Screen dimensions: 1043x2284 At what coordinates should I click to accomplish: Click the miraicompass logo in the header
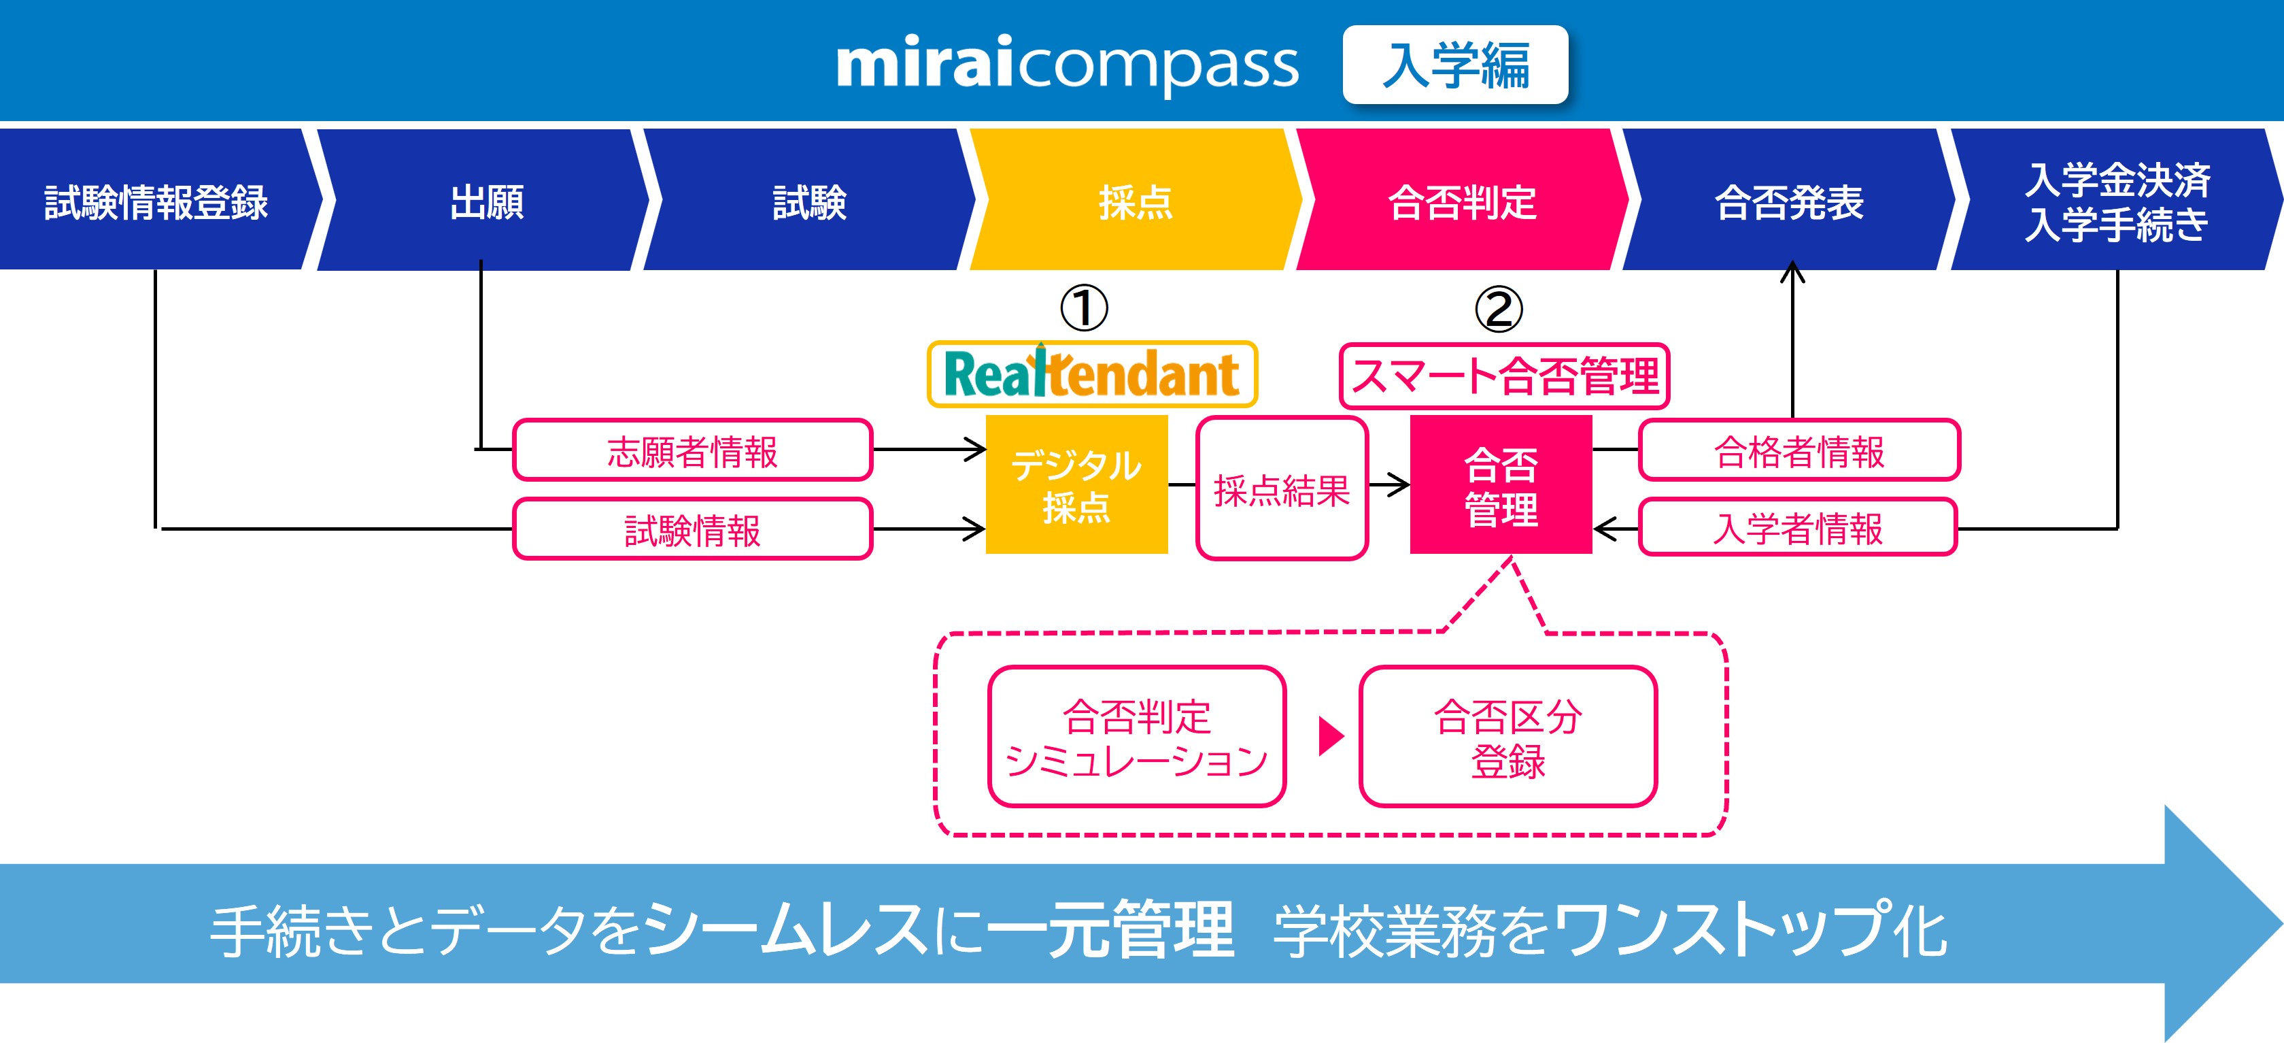(1067, 64)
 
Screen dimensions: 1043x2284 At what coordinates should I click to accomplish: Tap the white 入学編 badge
(1455, 65)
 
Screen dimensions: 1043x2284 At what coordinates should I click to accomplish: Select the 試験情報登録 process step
(156, 201)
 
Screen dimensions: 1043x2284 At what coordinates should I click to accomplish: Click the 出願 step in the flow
(486, 201)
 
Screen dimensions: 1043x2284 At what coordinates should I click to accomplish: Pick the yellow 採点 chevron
(1135, 201)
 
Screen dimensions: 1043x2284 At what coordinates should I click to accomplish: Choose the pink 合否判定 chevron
(1461, 201)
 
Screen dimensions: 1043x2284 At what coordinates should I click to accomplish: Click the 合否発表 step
(1788, 201)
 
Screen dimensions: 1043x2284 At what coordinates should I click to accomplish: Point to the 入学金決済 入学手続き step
(2117, 201)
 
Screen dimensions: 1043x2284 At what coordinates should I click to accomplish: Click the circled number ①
(1083, 308)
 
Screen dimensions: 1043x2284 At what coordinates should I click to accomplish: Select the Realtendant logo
(1091, 374)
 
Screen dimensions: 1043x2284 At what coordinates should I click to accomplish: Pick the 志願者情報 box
(692, 450)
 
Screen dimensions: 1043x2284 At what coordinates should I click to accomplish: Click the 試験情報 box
(692, 529)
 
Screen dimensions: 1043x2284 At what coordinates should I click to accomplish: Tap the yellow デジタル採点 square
(1076, 485)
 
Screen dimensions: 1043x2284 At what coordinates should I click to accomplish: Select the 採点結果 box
(1281, 489)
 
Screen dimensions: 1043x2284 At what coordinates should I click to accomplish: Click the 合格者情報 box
(1799, 450)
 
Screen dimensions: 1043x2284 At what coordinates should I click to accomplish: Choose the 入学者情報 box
(1797, 528)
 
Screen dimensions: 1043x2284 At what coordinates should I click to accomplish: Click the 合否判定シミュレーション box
(1137, 737)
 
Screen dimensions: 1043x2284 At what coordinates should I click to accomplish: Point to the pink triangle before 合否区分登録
(1330, 736)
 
